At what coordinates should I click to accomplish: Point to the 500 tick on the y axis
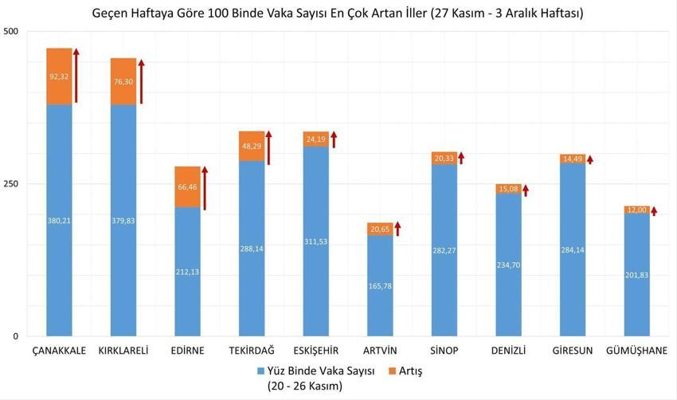click(x=11, y=31)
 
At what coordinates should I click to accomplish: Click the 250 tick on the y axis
click(x=11, y=184)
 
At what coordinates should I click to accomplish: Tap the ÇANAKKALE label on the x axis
click(x=59, y=351)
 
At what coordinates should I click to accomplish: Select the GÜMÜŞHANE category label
click(x=636, y=351)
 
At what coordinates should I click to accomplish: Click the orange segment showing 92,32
click(x=59, y=76)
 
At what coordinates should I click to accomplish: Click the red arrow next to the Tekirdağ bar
click(x=269, y=147)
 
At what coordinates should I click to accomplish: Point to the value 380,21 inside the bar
click(x=59, y=221)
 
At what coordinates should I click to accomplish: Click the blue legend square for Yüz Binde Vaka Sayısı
click(x=262, y=371)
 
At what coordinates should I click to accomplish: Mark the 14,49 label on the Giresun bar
click(x=572, y=159)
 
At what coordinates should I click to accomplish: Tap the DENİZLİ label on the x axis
click(x=508, y=351)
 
